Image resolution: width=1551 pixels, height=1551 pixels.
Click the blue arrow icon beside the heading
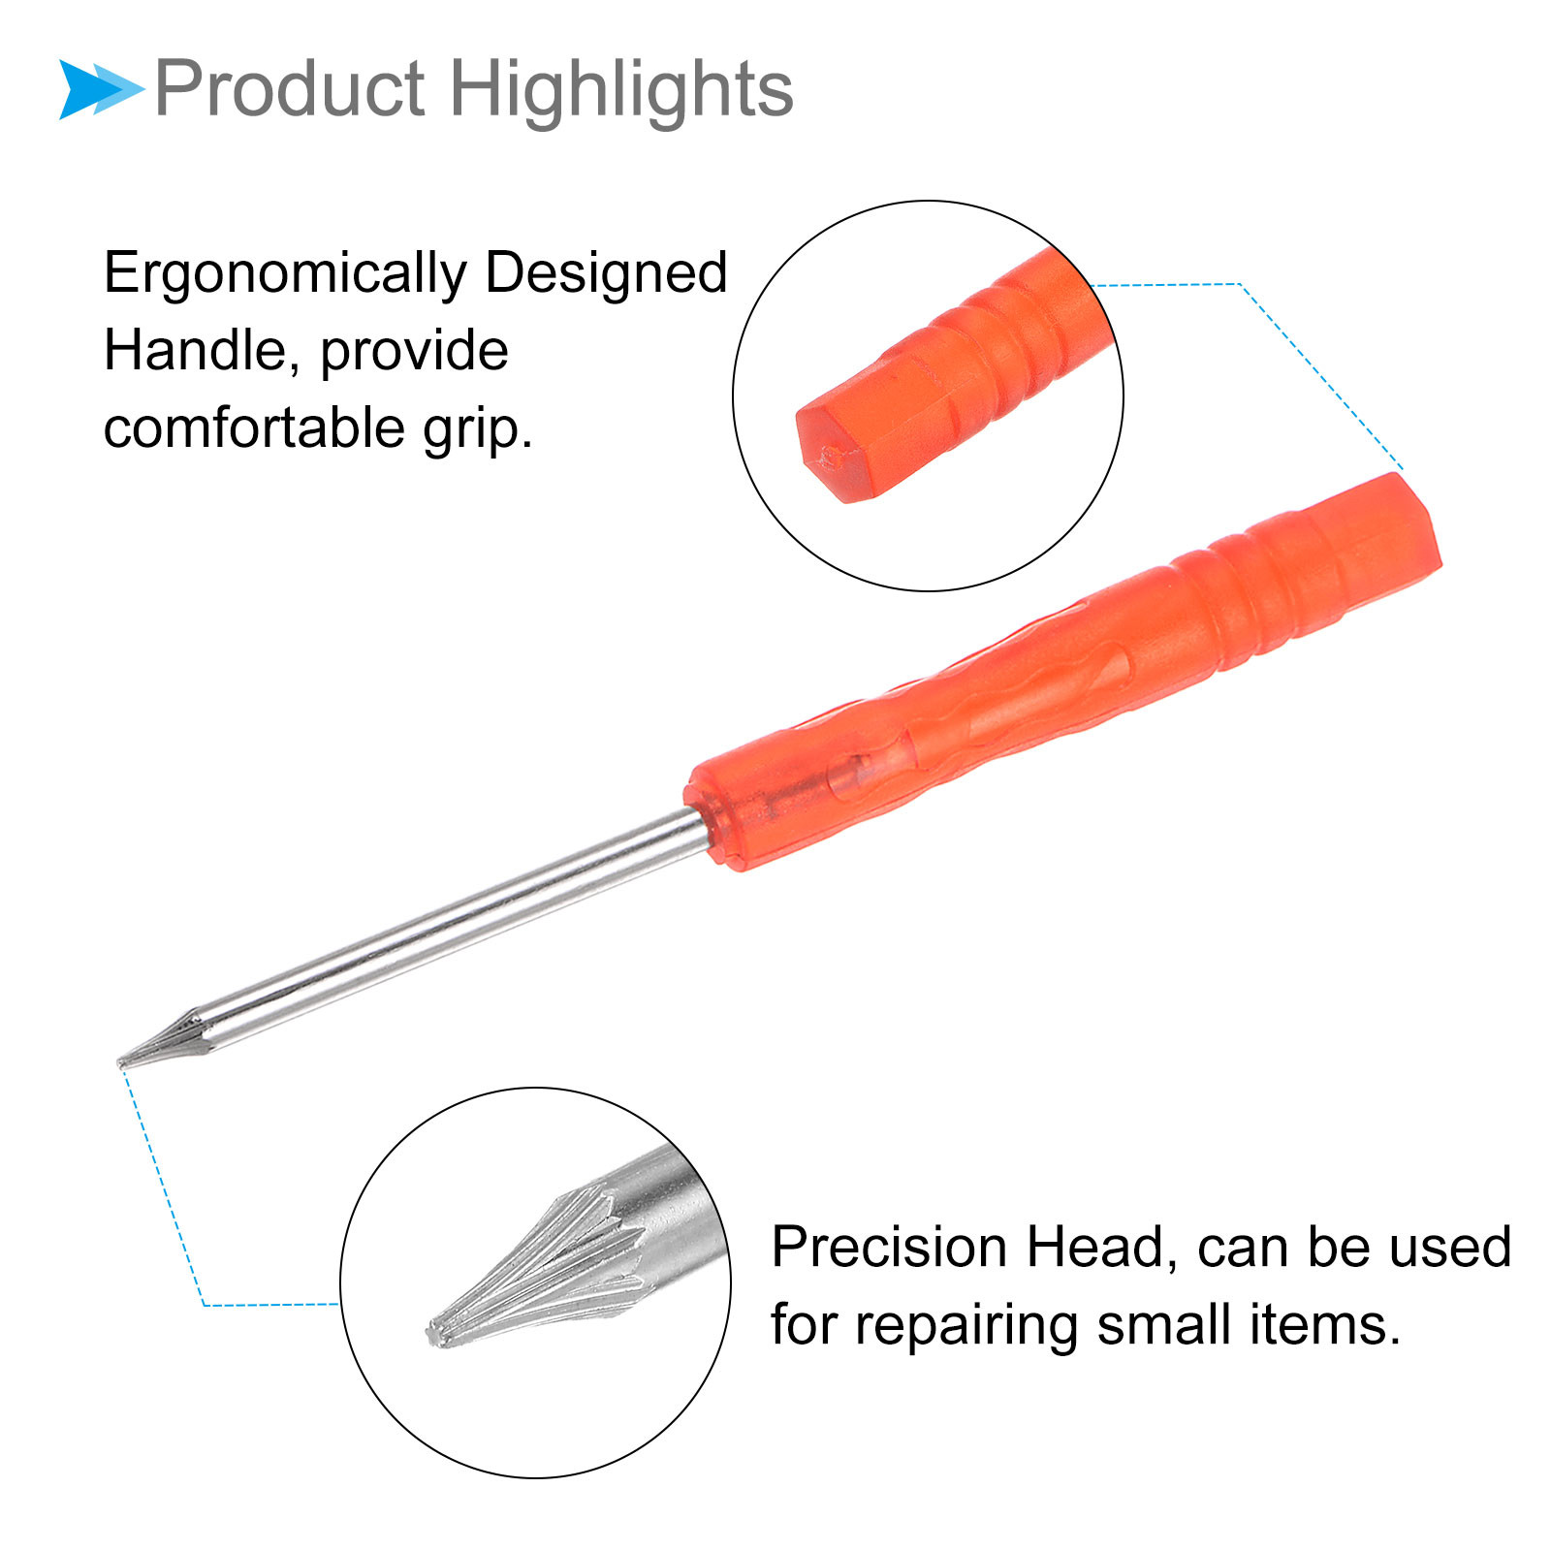(x=100, y=89)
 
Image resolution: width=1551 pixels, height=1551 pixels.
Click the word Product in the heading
(x=290, y=89)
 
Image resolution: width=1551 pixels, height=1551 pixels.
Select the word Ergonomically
(x=285, y=274)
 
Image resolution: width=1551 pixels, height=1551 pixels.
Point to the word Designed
(x=606, y=272)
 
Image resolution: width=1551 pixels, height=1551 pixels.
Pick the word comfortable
(x=253, y=427)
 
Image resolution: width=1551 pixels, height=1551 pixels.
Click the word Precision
(x=890, y=1247)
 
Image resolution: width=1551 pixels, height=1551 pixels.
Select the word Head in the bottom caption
(x=1103, y=1249)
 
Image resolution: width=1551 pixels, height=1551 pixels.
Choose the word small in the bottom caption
(x=1163, y=1324)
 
